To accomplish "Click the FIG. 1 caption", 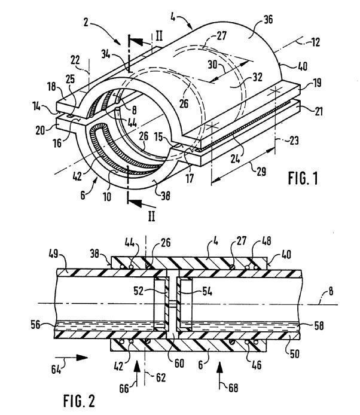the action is pos(303,178).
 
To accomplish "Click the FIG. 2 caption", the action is pos(79,401).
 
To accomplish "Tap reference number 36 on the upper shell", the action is pos(268,19).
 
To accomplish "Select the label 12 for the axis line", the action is pos(315,42).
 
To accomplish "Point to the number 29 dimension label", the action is pos(261,172).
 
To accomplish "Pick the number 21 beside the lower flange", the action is pos(319,111).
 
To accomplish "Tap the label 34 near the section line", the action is pos(106,54).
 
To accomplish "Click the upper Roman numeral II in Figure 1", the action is pos(159,36).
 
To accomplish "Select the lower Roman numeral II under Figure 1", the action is pos(151,216).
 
